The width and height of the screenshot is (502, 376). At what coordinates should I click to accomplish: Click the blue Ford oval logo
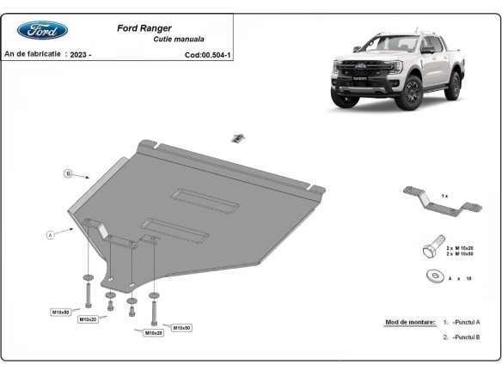(x=43, y=30)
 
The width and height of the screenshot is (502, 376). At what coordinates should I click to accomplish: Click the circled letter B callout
(x=67, y=174)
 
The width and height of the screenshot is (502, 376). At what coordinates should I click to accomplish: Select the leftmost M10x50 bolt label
(x=61, y=311)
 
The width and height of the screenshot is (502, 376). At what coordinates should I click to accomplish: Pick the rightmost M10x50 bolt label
(x=181, y=327)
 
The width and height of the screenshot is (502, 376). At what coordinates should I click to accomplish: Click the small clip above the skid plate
(x=238, y=136)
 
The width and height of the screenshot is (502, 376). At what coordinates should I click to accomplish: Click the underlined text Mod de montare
(x=410, y=321)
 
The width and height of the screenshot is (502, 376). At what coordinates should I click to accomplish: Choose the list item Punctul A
(x=467, y=321)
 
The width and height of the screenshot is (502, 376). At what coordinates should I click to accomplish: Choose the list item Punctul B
(x=467, y=337)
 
